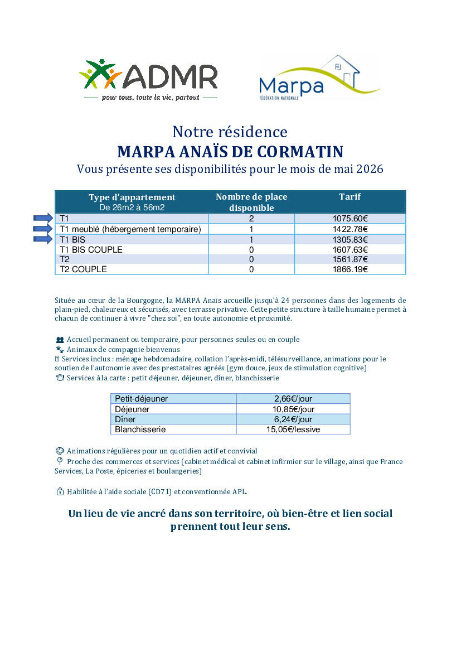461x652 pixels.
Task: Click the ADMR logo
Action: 148,79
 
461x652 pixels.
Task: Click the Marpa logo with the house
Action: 318,78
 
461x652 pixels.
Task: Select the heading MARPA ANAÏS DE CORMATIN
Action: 230,152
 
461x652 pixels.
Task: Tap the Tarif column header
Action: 350,197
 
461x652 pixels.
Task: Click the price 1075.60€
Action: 350,219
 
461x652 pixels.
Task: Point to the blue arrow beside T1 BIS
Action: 43,239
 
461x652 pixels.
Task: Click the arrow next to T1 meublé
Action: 43,229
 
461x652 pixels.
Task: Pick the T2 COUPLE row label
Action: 83,269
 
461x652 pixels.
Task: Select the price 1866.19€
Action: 350,269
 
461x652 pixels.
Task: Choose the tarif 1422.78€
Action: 350,229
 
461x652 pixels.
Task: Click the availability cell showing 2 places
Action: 251,219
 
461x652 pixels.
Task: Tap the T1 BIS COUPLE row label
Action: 91,249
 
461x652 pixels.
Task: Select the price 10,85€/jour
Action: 293,409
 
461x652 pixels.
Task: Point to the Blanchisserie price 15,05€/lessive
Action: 293,429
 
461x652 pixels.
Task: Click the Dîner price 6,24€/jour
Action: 293,419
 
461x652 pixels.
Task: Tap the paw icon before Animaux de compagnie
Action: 60,349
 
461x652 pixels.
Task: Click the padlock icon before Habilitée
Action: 60,492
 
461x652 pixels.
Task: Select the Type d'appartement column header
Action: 132,197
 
